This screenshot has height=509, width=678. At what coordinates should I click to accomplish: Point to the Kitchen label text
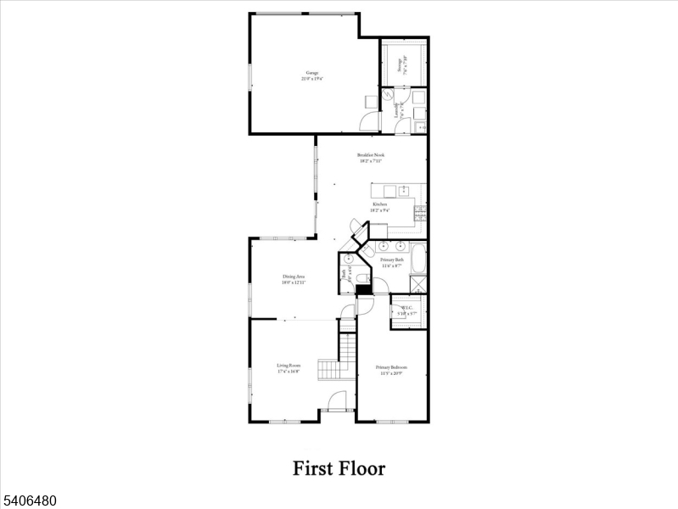(x=380, y=205)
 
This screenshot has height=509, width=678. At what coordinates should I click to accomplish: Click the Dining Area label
(x=294, y=279)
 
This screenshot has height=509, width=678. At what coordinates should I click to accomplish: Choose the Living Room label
(x=289, y=367)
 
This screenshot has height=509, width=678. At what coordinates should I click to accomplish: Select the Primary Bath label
(x=391, y=263)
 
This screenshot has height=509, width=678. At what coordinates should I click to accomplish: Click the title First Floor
(x=339, y=468)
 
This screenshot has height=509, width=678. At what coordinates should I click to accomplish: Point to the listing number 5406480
(x=29, y=501)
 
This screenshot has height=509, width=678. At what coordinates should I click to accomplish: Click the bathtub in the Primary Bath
(x=418, y=257)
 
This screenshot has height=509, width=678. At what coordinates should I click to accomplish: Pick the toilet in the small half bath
(x=360, y=278)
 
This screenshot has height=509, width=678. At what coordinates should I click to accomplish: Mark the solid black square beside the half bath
(x=363, y=290)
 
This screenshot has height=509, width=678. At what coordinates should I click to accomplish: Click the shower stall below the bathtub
(x=418, y=282)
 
